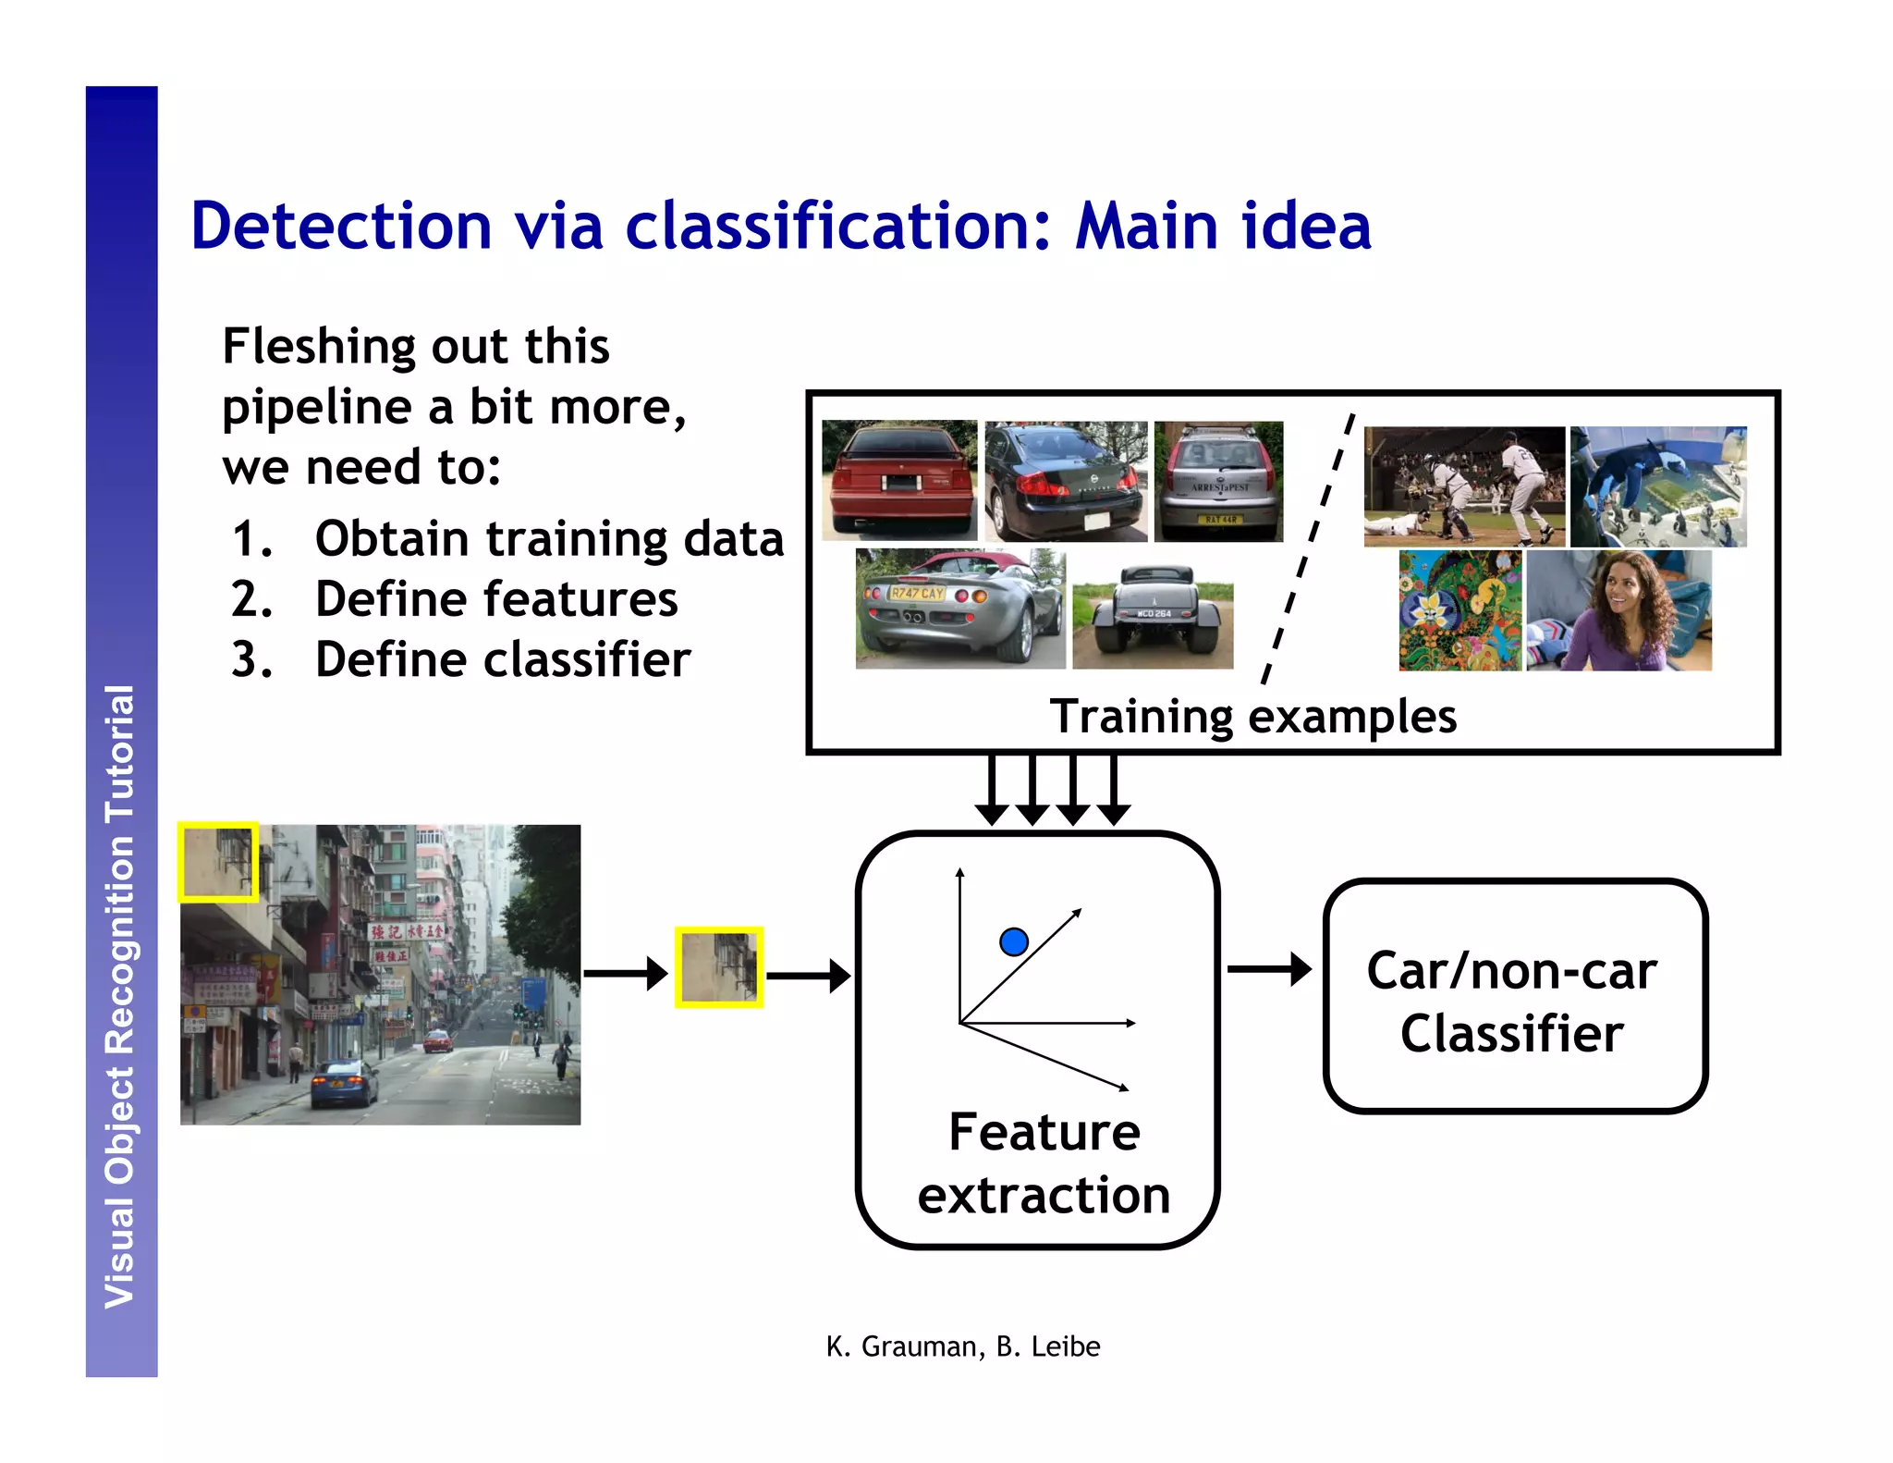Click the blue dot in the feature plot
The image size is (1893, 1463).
1014,941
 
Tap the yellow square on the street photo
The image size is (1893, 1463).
218,862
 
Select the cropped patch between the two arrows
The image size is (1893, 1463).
719,967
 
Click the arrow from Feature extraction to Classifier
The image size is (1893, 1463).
1269,969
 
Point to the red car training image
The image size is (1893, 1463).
898,480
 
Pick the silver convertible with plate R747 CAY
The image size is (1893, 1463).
960,609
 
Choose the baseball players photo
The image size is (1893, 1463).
1464,486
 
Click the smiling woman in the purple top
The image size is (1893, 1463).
1618,610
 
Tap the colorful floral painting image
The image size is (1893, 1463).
1459,610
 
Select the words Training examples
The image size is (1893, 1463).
1252,717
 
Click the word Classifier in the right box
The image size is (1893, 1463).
1512,1033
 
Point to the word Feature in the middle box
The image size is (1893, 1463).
1044,1132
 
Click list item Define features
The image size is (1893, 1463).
496,599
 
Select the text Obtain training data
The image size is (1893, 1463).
549,538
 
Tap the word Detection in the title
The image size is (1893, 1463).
341,226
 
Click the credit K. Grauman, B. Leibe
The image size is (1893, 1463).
962,1346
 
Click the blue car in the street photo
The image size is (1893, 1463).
344,1083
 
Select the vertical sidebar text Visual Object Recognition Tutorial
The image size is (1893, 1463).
121,996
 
